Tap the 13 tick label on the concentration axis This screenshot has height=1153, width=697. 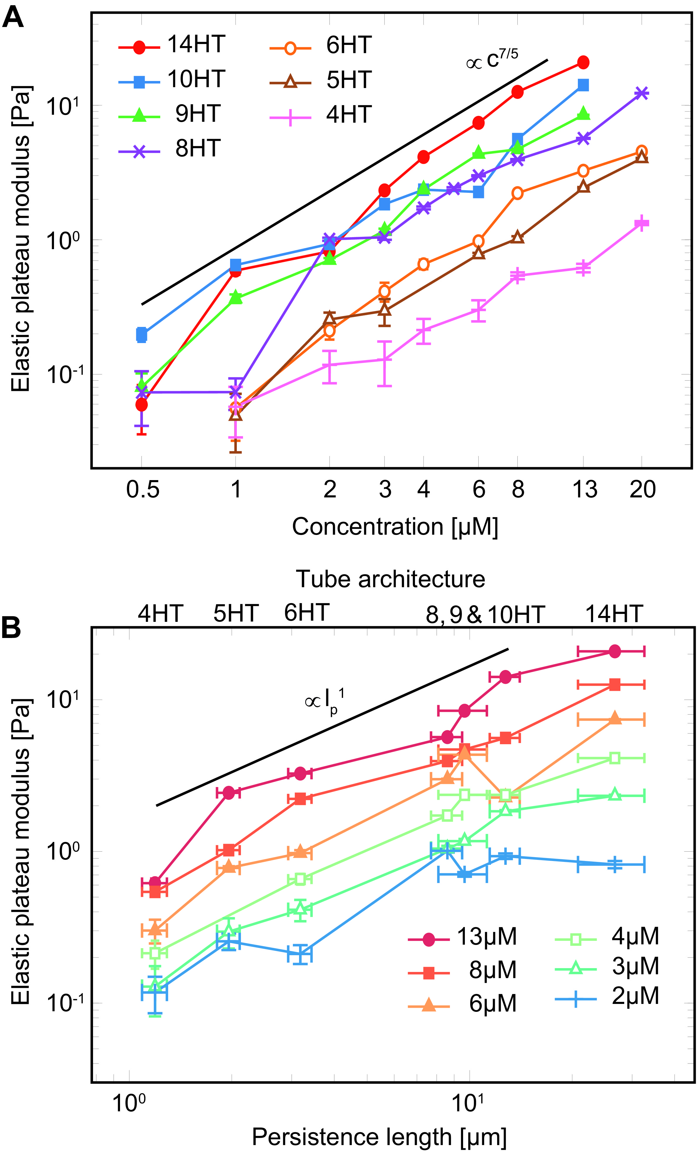click(x=584, y=489)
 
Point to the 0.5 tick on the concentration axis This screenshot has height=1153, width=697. click(x=143, y=489)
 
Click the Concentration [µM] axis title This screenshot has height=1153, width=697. click(x=395, y=526)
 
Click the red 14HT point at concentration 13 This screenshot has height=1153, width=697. click(x=583, y=62)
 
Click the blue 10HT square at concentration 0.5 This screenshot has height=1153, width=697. click(x=142, y=335)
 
